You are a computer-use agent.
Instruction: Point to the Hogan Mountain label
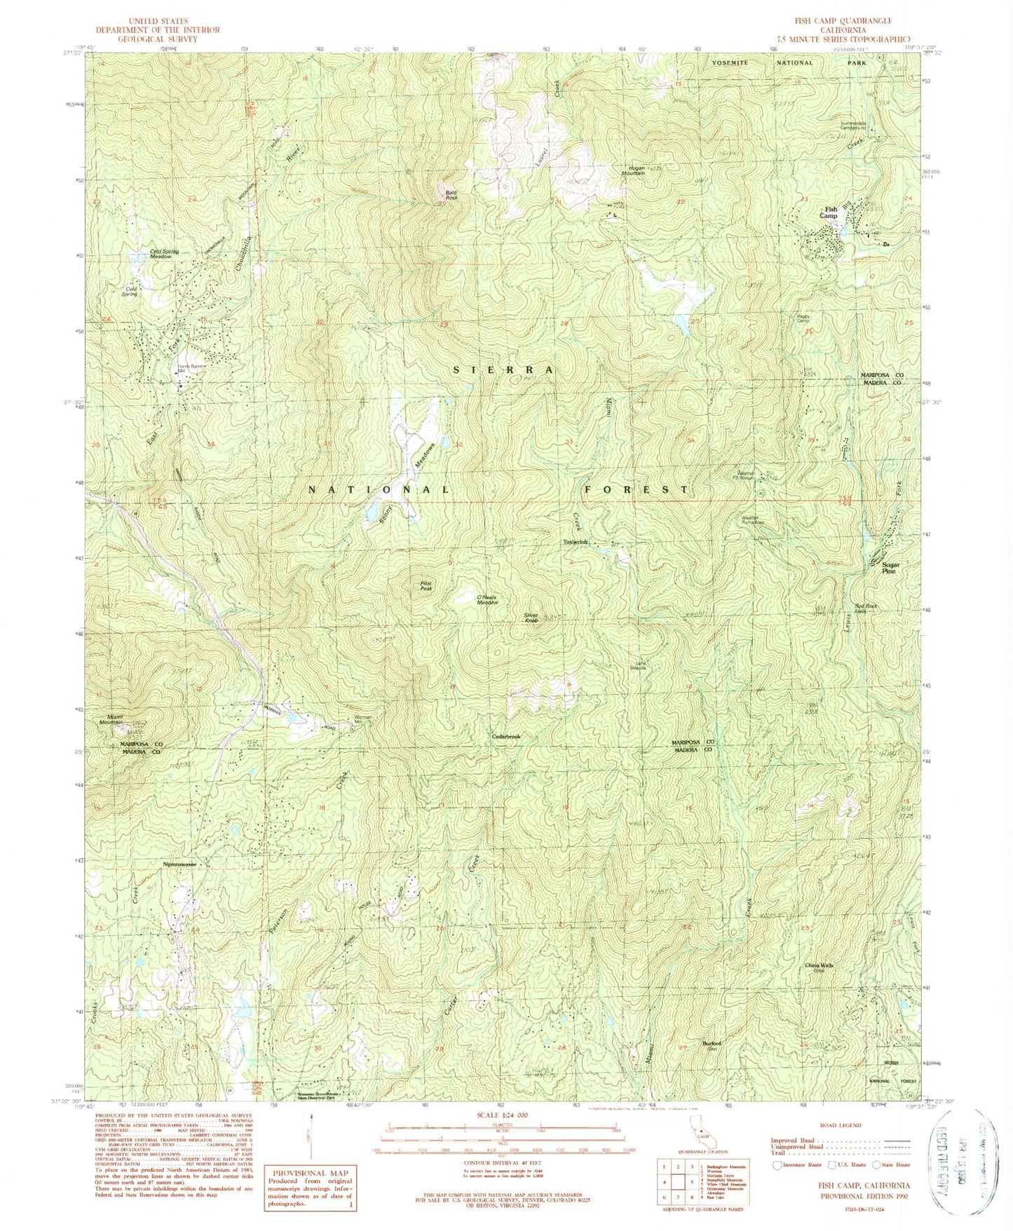pos(632,170)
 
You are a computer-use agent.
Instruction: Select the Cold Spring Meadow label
pos(164,254)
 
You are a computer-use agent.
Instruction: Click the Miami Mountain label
pos(111,719)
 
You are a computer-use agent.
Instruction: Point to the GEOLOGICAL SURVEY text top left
pos(158,39)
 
